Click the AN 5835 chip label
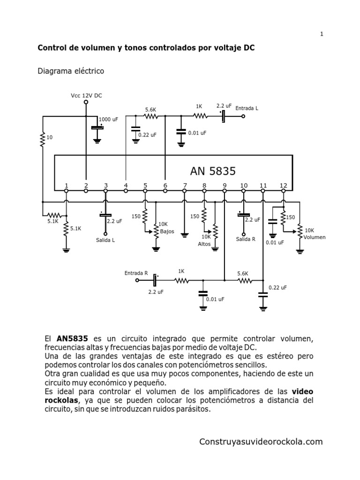(x=213, y=171)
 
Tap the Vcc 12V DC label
(x=86, y=95)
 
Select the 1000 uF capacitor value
(x=108, y=120)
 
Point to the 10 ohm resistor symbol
(x=42, y=138)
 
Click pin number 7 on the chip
(x=185, y=185)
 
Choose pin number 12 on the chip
(x=283, y=185)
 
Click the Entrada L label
(x=247, y=108)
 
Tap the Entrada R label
(x=136, y=273)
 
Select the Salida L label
(x=105, y=240)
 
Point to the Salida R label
(x=246, y=239)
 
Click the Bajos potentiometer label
(x=167, y=232)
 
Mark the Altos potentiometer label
(x=204, y=244)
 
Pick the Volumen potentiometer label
(x=314, y=237)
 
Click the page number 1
(x=322, y=34)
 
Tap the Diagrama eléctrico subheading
(x=70, y=71)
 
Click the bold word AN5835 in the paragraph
(x=72, y=338)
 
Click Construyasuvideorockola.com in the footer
(x=261, y=442)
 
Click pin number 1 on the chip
(x=67, y=185)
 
